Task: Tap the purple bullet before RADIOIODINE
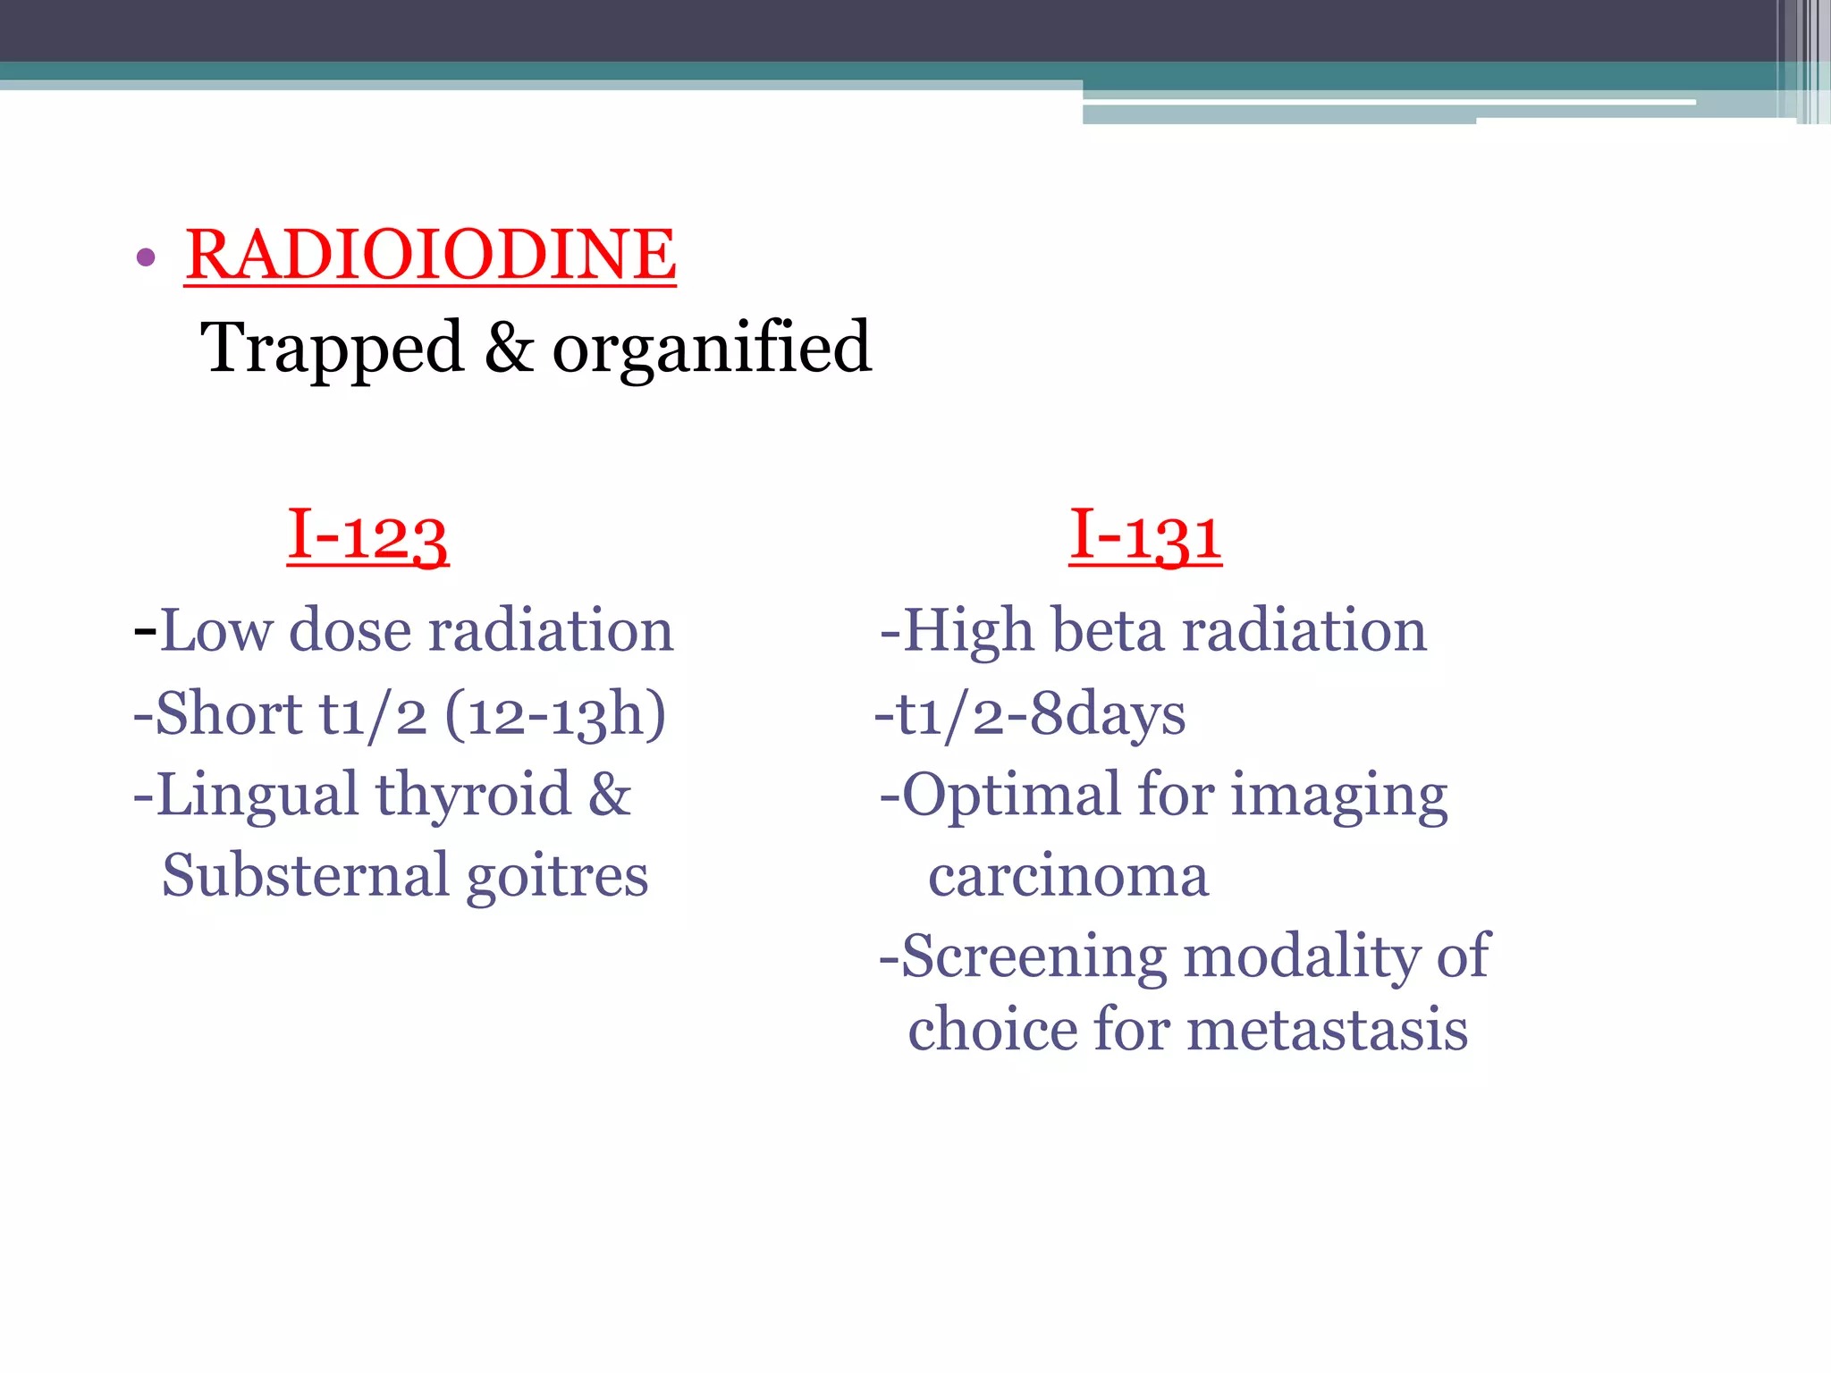146,259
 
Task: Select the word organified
711,349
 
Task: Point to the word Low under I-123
215,630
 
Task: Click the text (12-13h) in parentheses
555,714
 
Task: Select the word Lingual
256,795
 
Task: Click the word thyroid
472,795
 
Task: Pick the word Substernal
304,875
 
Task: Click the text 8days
1107,715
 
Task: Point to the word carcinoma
1067,876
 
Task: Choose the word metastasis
1327,1030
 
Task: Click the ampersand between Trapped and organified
508,347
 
